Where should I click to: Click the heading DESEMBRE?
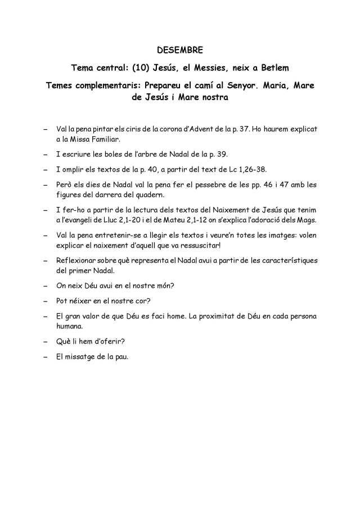pyautogui.click(x=179, y=51)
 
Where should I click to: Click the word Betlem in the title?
pyautogui.click(x=274, y=69)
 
